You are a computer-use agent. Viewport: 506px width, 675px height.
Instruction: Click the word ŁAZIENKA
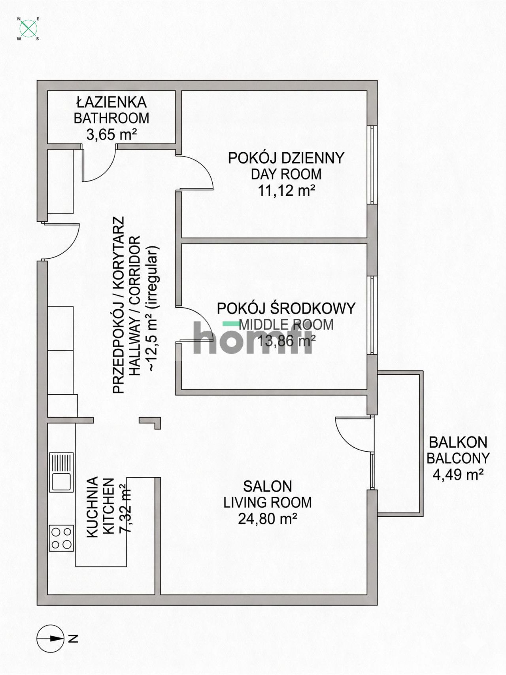point(112,102)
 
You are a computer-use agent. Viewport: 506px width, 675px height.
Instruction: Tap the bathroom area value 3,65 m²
point(112,135)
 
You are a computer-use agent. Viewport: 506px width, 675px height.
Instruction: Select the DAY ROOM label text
point(286,174)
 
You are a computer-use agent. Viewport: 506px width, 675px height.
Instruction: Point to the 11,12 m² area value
point(286,191)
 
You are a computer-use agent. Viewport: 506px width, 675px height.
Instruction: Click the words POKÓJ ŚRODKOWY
point(286,308)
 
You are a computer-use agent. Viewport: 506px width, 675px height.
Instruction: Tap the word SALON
point(268,486)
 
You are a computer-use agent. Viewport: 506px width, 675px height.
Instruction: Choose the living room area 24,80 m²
point(268,519)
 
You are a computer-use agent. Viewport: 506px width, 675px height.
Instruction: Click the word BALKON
point(458,442)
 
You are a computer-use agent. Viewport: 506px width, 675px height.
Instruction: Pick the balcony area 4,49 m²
point(458,474)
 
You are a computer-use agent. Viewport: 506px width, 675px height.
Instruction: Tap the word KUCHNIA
point(92,507)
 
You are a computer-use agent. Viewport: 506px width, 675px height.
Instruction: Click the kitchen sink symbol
point(61,472)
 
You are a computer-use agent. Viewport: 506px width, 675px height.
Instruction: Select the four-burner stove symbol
point(61,538)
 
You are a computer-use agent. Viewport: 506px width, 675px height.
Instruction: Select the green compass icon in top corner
point(28,28)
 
